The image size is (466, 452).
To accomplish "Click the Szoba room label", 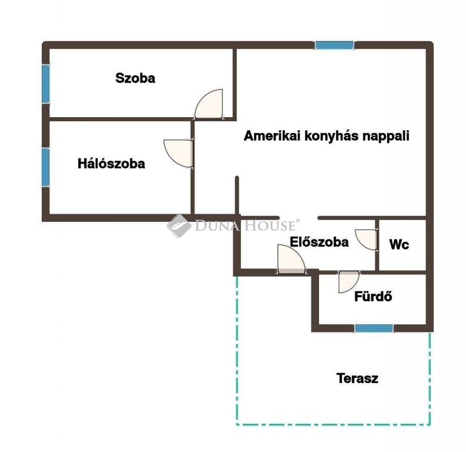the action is [135, 78].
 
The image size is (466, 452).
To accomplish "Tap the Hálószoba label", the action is [111, 164].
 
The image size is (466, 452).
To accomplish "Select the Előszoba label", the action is [319, 242].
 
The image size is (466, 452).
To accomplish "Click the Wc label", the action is [399, 245].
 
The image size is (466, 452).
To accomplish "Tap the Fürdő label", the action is [373, 297].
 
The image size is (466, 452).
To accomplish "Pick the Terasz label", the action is [357, 378].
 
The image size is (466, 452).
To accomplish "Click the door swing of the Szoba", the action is [209, 104].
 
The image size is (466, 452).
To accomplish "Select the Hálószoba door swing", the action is [178, 154].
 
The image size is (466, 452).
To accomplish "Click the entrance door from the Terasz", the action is [291, 258].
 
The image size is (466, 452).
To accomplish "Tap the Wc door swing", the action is [366, 240].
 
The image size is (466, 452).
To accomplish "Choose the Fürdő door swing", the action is [349, 282].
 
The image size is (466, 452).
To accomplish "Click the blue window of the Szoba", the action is [45, 84].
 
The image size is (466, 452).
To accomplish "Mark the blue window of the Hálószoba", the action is [45, 167].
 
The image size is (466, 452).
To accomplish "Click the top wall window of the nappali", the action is [334, 45].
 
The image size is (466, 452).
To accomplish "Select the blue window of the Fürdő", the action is [374, 328].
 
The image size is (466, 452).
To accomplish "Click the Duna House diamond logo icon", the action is [179, 226].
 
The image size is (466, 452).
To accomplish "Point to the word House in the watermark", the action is [270, 225].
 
